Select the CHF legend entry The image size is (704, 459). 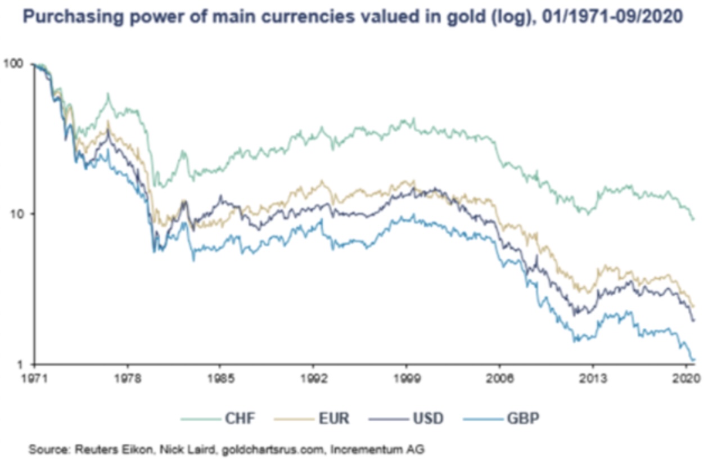[238, 418]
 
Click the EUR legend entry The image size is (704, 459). [333, 418]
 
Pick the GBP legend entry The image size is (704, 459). [524, 418]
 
